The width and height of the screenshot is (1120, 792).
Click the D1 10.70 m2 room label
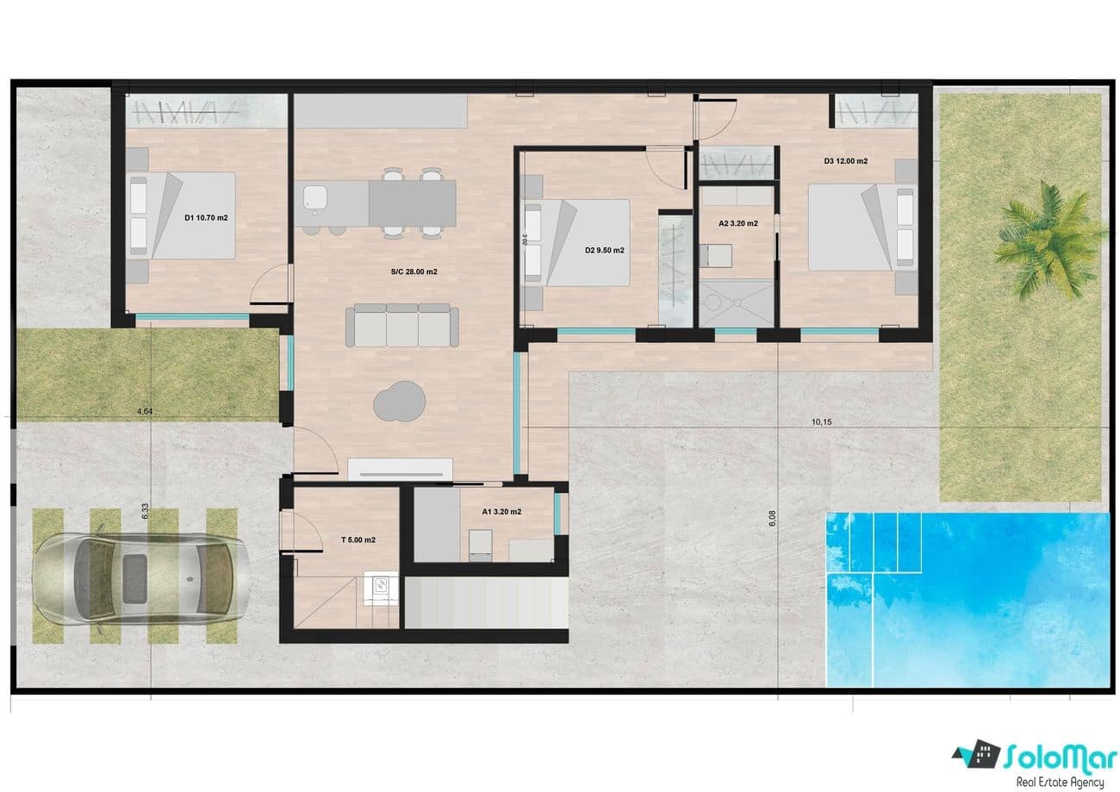coord(206,218)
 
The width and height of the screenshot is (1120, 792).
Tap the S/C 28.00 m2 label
coord(414,271)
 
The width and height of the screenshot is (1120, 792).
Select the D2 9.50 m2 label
coord(604,251)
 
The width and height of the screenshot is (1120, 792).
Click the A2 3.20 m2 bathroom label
coord(738,223)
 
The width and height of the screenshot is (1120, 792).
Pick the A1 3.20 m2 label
coord(501,511)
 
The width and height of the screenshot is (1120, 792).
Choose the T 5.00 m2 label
coord(358,539)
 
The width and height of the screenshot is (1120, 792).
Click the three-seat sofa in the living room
coord(402,325)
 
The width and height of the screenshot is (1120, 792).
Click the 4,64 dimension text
coord(145,412)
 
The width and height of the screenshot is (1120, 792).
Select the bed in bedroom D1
coord(183,215)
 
